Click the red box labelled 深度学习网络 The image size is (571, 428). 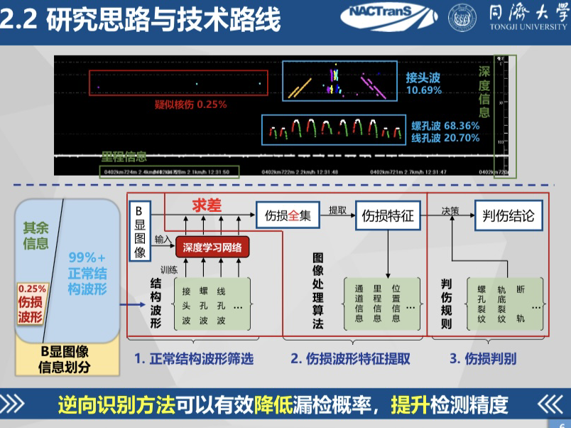212,247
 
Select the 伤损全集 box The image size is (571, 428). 288,215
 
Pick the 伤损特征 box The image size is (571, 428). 388,215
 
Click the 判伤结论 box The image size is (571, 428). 507,214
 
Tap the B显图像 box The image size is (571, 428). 139,232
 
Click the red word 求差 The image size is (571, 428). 207,205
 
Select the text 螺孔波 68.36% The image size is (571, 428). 445,126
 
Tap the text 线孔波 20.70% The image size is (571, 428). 445,138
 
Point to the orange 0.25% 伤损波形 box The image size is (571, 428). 31,304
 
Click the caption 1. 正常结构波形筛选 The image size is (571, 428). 194,358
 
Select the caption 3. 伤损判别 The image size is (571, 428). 482,358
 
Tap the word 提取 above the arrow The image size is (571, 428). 337,210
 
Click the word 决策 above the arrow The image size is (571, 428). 450,210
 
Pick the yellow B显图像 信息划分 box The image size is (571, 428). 65,359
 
